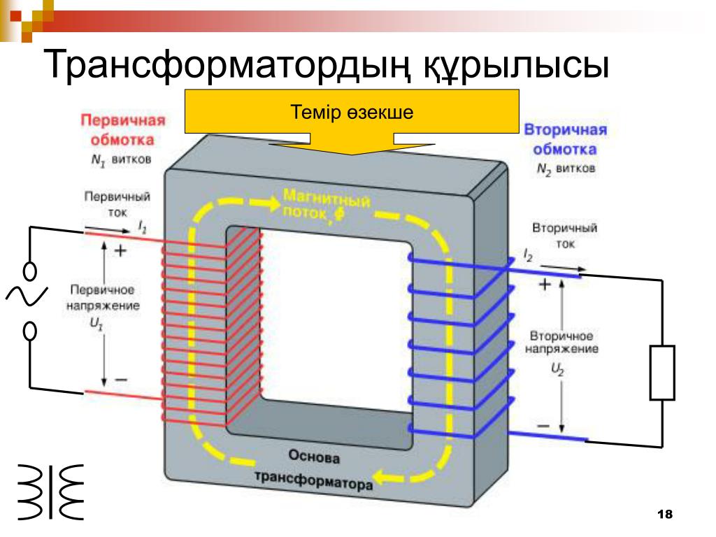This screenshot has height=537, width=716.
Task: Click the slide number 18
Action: tap(665, 514)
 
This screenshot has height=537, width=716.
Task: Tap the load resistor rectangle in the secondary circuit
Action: tap(662, 373)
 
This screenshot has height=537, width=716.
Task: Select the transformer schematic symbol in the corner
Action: tap(50, 492)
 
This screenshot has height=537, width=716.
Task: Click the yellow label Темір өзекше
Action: tap(352, 113)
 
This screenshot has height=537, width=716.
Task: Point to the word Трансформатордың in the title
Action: tap(226, 64)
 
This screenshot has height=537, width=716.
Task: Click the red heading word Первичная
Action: tap(123, 120)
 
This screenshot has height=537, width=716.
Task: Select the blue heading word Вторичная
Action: tap(565, 129)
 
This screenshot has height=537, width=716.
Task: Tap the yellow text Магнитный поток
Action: tap(327, 206)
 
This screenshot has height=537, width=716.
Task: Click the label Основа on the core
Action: tap(314, 456)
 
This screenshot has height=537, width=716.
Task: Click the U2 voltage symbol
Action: tap(557, 369)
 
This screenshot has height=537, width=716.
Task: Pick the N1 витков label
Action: tap(121, 160)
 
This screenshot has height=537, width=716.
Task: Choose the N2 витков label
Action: tap(566, 169)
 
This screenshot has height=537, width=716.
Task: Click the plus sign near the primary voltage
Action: tap(120, 251)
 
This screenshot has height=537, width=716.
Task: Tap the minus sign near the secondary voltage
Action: tap(543, 426)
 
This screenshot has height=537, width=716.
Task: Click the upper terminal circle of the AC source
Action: tap(30, 271)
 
